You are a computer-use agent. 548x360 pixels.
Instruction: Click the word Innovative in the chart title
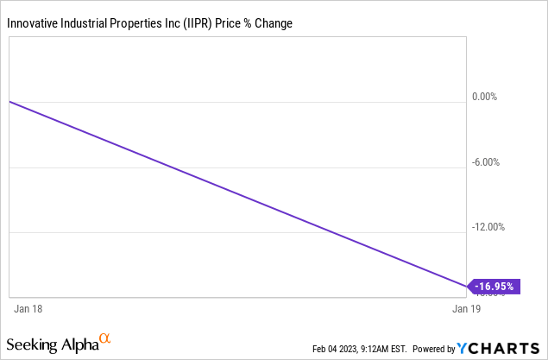pyautogui.click(x=34, y=22)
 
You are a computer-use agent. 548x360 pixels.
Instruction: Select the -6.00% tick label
pyautogui.click(x=488, y=162)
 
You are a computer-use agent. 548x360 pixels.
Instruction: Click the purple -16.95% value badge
pyautogui.click(x=496, y=285)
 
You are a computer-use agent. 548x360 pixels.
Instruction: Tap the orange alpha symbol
pyautogui.click(x=105, y=339)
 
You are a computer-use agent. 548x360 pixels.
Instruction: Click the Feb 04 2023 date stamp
pyautogui.click(x=335, y=350)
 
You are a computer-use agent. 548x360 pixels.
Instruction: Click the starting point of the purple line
pyautogui.click(x=9, y=102)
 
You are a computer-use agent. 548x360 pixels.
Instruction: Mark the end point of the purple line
pyautogui.click(x=466, y=285)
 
